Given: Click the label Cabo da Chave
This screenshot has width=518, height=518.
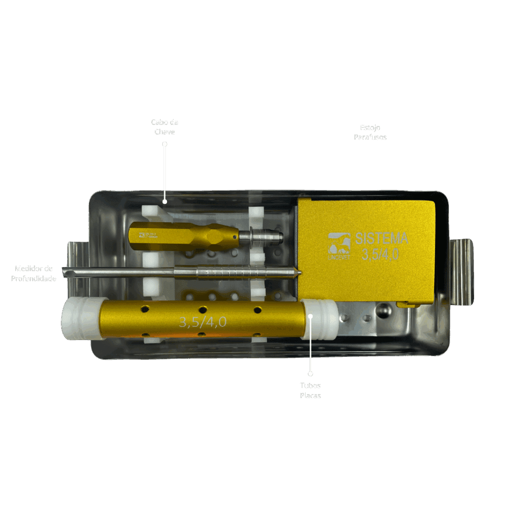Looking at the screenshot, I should [x=164, y=127].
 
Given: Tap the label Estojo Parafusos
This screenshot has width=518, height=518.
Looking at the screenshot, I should [x=370, y=132].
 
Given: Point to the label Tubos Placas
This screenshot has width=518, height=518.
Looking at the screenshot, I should [x=310, y=391].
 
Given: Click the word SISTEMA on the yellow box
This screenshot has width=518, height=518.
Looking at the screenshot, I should [x=382, y=238].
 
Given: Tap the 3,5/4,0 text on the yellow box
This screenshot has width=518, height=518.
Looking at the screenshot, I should [x=380, y=254].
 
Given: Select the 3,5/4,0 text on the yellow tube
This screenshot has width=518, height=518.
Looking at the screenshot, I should [x=202, y=322].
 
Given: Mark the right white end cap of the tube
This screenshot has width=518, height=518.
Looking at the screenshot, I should [x=320, y=319].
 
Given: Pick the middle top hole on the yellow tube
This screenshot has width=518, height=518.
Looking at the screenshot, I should [x=202, y=309].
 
